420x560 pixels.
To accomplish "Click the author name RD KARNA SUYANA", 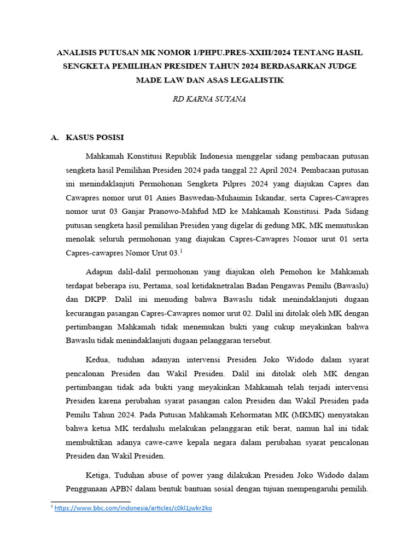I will click(209, 99).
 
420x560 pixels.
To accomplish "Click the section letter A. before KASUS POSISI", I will click(55, 137).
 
